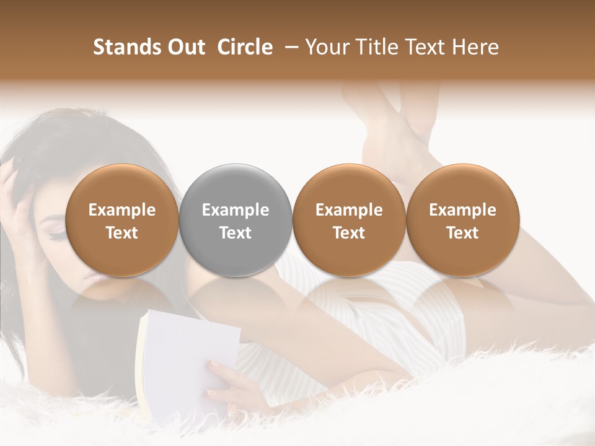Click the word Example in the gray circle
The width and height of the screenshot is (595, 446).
pos(236,210)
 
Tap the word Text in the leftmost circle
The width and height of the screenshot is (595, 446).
pos(122,233)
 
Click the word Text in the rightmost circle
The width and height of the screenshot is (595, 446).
pos(462,233)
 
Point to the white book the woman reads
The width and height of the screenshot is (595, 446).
pos(186,353)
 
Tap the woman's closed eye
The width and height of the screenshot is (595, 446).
pos(55,235)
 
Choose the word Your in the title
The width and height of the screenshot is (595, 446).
pos(325,47)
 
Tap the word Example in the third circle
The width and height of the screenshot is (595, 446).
pos(349,210)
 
